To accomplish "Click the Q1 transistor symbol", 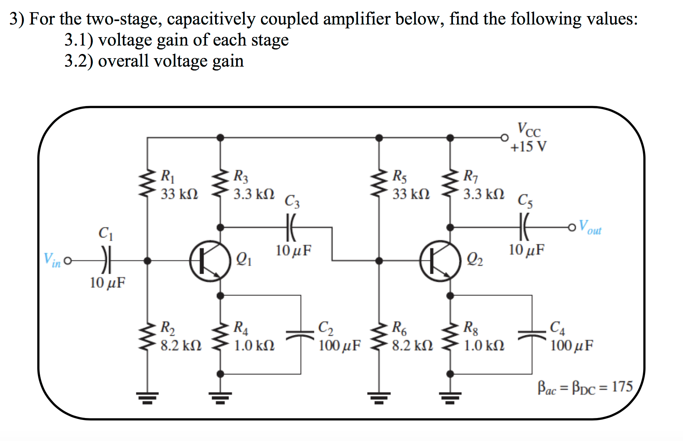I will [x=210, y=261].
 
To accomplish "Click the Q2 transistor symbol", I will [x=440, y=261].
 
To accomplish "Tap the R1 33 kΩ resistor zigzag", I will [x=147, y=184].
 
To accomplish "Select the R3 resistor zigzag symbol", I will [x=220, y=184].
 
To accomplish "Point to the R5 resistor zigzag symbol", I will [x=379, y=184].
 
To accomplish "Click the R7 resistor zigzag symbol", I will [x=450, y=184].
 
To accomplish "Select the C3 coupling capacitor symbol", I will [x=291, y=227].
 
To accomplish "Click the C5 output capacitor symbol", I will [x=523, y=227].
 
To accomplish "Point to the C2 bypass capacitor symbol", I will [x=301, y=334].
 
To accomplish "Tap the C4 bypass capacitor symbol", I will [x=532, y=334].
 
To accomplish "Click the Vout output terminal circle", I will [x=572, y=227].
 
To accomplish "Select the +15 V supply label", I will [x=528, y=147].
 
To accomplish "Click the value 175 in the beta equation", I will [x=622, y=387].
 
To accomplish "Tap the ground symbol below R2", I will [x=147, y=397].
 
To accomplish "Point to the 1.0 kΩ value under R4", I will [x=254, y=346].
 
